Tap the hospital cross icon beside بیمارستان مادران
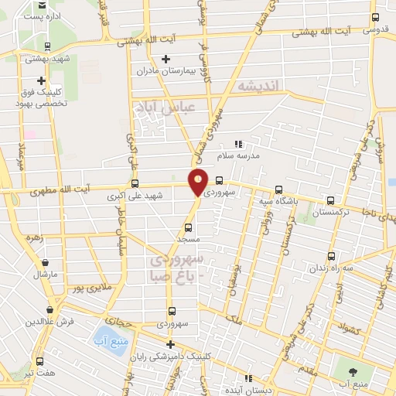pos(166,59)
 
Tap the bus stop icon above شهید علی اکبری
pos(135,184)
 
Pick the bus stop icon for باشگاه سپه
pos(278,189)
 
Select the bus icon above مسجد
pos(188,228)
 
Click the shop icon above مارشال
pos(40,261)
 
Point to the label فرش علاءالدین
pos(48,320)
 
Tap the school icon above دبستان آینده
pos(248,379)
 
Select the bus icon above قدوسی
pos(375,18)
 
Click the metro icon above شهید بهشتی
pos(48,46)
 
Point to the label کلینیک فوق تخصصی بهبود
pos(41,97)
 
